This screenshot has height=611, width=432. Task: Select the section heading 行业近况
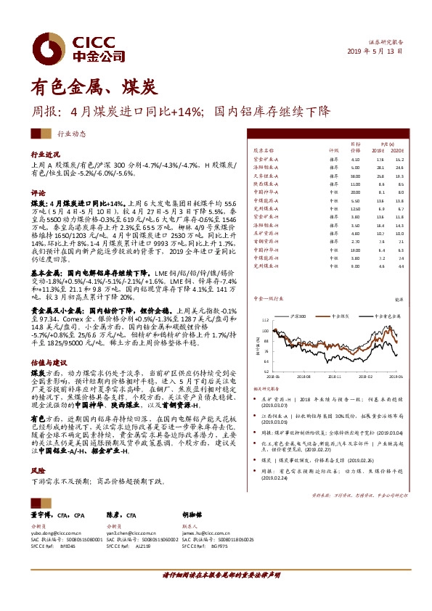click(45, 155)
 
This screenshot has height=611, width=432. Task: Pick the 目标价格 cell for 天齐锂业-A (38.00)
click(355, 176)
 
